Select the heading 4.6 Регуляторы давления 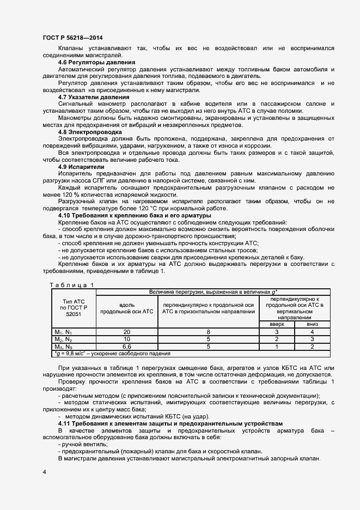pyautogui.click(x=89, y=63)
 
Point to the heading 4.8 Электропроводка pyautogui.click(x=87, y=132)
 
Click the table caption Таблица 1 pyautogui.click(x=72, y=284)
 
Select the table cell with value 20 pyautogui.click(x=126, y=332)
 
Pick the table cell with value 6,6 pyautogui.click(x=126, y=346)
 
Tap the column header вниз pyautogui.click(x=312, y=324)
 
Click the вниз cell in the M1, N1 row pyautogui.click(x=312, y=332)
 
